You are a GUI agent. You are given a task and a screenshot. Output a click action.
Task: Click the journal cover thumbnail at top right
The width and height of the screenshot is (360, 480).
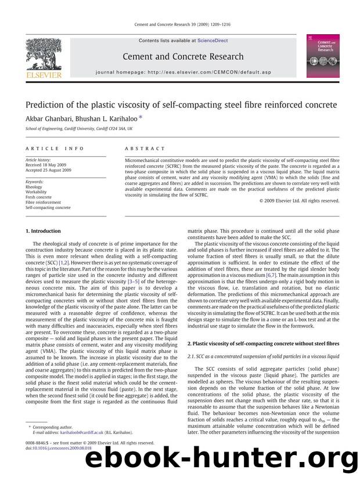[322, 56]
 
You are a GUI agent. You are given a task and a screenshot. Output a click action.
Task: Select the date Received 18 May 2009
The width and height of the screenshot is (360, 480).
[46, 165]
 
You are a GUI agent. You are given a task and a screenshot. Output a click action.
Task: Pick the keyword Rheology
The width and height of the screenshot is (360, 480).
[34, 187]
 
